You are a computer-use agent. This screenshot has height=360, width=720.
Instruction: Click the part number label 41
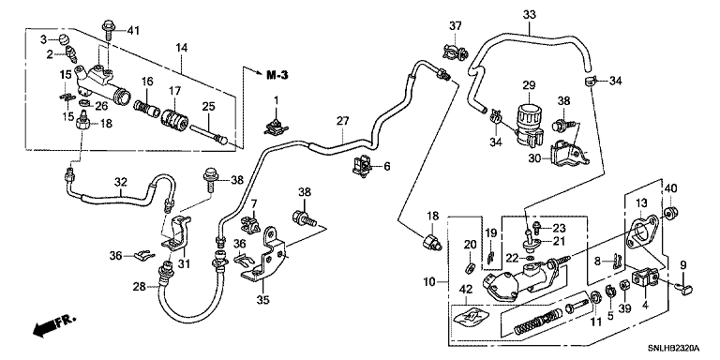click(x=133, y=31)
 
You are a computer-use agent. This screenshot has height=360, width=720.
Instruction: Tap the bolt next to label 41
click(x=109, y=29)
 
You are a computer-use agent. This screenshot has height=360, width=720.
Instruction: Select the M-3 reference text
click(x=277, y=75)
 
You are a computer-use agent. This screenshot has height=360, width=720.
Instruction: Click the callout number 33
click(x=529, y=15)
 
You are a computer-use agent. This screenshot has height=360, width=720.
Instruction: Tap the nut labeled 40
click(x=671, y=213)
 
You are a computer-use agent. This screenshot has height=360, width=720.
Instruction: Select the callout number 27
click(x=342, y=121)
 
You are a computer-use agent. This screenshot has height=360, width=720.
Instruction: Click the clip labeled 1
click(x=276, y=127)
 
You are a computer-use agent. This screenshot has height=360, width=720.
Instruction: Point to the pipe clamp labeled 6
click(x=362, y=166)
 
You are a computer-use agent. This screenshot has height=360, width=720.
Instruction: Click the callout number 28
click(x=140, y=288)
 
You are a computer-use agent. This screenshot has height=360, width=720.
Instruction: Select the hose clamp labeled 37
click(x=455, y=51)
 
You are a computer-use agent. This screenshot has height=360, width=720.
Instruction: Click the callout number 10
click(x=428, y=281)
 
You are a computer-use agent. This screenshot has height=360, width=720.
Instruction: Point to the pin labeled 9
click(x=684, y=288)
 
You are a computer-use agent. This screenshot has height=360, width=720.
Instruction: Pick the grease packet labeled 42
click(x=471, y=318)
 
